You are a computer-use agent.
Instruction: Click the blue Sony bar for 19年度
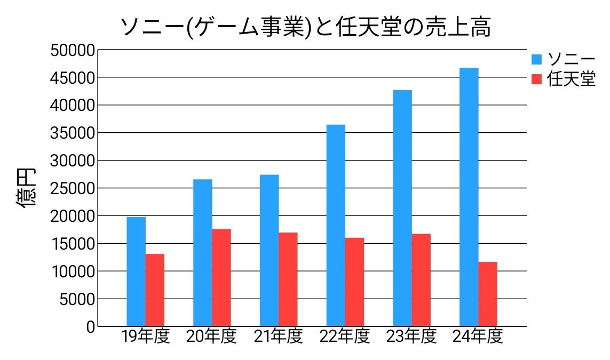(x=136, y=271)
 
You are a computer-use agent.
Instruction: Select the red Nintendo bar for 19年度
(x=155, y=290)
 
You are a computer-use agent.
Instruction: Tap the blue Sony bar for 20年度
(x=203, y=253)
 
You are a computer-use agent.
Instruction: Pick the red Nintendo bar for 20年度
(x=221, y=278)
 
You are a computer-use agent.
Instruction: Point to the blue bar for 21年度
(x=269, y=251)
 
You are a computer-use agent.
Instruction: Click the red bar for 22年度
(x=354, y=282)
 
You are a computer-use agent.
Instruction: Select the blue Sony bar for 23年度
(x=402, y=208)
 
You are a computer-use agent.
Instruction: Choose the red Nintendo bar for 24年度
(x=488, y=294)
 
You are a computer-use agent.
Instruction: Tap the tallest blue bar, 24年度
(x=469, y=197)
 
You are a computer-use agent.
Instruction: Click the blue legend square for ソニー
(x=537, y=59)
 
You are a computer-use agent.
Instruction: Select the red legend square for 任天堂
(x=537, y=79)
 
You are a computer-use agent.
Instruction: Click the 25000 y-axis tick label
(x=73, y=188)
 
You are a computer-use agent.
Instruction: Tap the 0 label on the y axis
(x=90, y=326)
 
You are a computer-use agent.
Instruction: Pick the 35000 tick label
(x=73, y=133)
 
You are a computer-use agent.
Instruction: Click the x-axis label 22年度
(x=345, y=337)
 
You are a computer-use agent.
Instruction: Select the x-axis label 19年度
(x=145, y=337)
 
